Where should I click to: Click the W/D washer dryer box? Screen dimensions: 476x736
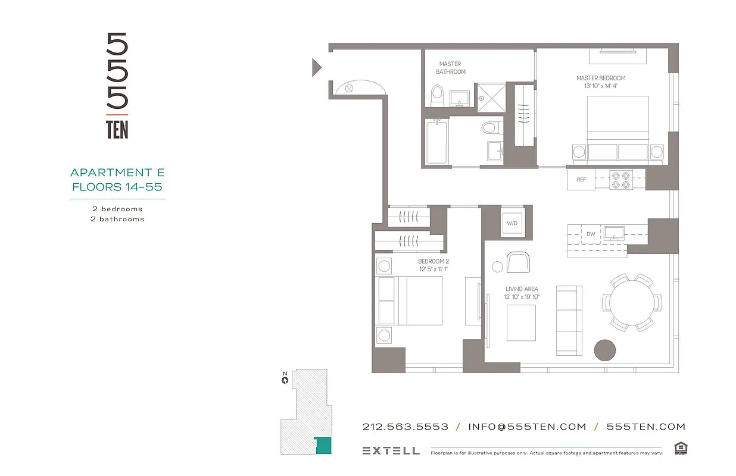click(x=512, y=224)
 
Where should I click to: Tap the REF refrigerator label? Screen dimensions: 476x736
click(x=581, y=180)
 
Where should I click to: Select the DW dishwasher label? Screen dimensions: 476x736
click(x=591, y=234)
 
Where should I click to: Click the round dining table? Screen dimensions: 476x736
click(x=631, y=302)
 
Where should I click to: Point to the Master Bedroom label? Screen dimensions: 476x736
click(x=601, y=78)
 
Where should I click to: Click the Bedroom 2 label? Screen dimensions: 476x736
click(x=433, y=261)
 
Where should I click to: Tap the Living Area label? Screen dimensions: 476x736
click(x=522, y=289)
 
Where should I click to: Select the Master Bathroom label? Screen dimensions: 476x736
click(x=450, y=68)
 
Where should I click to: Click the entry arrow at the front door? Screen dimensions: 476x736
click(x=317, y=67)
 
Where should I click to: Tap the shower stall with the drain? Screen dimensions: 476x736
click(x=491, y=96)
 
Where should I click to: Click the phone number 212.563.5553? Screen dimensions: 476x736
click(x=406, y=427)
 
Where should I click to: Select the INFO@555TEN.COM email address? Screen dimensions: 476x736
click(x=527, y=427)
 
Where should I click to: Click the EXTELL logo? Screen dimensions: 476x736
click(x=391, y=450)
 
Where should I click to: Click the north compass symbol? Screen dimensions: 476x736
click(x=285, y=379)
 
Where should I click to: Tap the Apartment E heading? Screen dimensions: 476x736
click(x=117, y=173)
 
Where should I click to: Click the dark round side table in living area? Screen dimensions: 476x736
click(x=606, y=349)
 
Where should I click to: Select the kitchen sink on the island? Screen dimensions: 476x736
click(x=613, y=233)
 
